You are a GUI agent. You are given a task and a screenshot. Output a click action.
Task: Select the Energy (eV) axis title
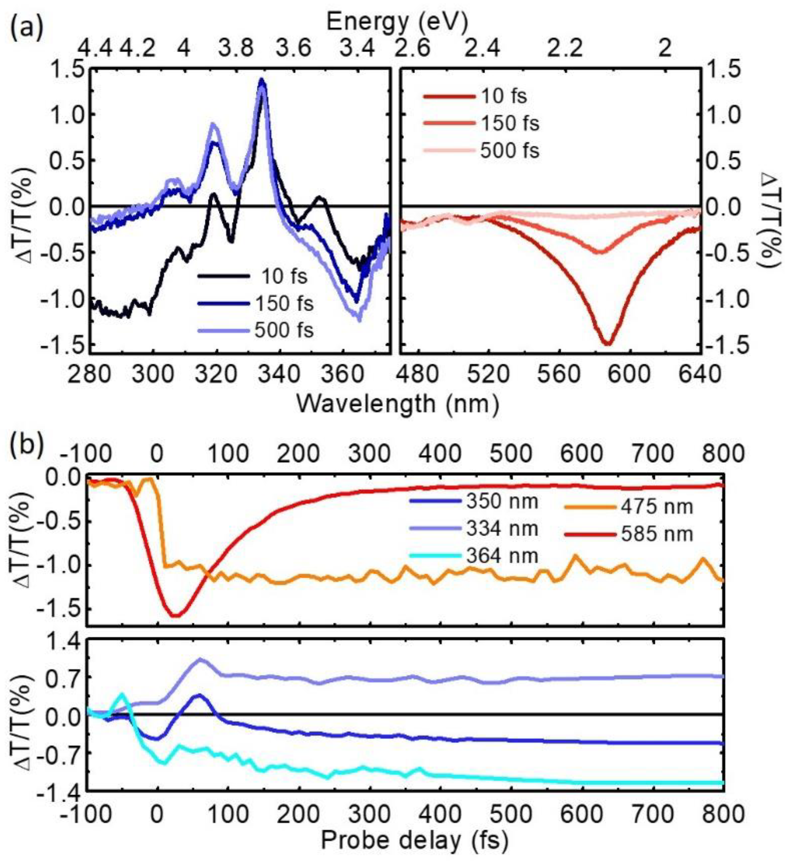(x=397, y=19)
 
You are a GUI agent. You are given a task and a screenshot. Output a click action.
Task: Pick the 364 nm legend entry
(x=502, y=556)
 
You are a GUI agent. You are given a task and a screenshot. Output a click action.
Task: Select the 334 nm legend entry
(x=502, y=529)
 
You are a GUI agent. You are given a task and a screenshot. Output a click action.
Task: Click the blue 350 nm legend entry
(x=502, y=501)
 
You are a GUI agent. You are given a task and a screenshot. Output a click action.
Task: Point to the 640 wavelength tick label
(x=700, y=375)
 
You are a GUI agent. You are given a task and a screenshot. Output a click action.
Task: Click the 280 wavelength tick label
(x=90, y=375)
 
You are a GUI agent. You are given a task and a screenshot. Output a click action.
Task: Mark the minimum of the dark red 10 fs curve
(x=608, y=344)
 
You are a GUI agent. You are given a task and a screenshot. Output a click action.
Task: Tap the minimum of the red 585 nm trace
(x=176, y=615)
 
